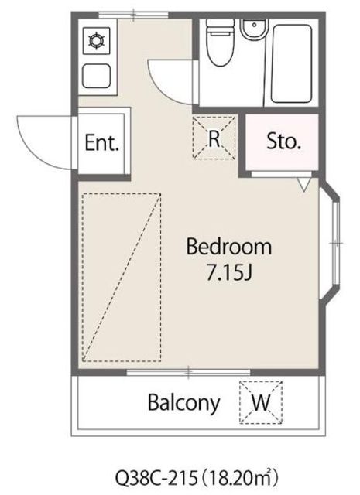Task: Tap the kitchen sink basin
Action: (x=96, y=76)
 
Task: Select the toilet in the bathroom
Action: (x=221, y=43)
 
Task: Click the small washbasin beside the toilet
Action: (x=253, y=29)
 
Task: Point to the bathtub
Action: (x=291, y=63)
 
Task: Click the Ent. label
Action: (x=101, y=142)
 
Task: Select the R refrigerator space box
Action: (x=214, y=138)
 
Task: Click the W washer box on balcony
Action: (x=260, y=402)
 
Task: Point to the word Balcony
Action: (x=183, y=403)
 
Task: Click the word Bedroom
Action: (x=229, y=247)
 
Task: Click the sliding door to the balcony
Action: (x=189, y=372)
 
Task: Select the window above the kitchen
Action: (x=133, y=15)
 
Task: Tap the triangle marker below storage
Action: (x=303, y=184)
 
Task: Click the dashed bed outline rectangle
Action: (x=122, y=278)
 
